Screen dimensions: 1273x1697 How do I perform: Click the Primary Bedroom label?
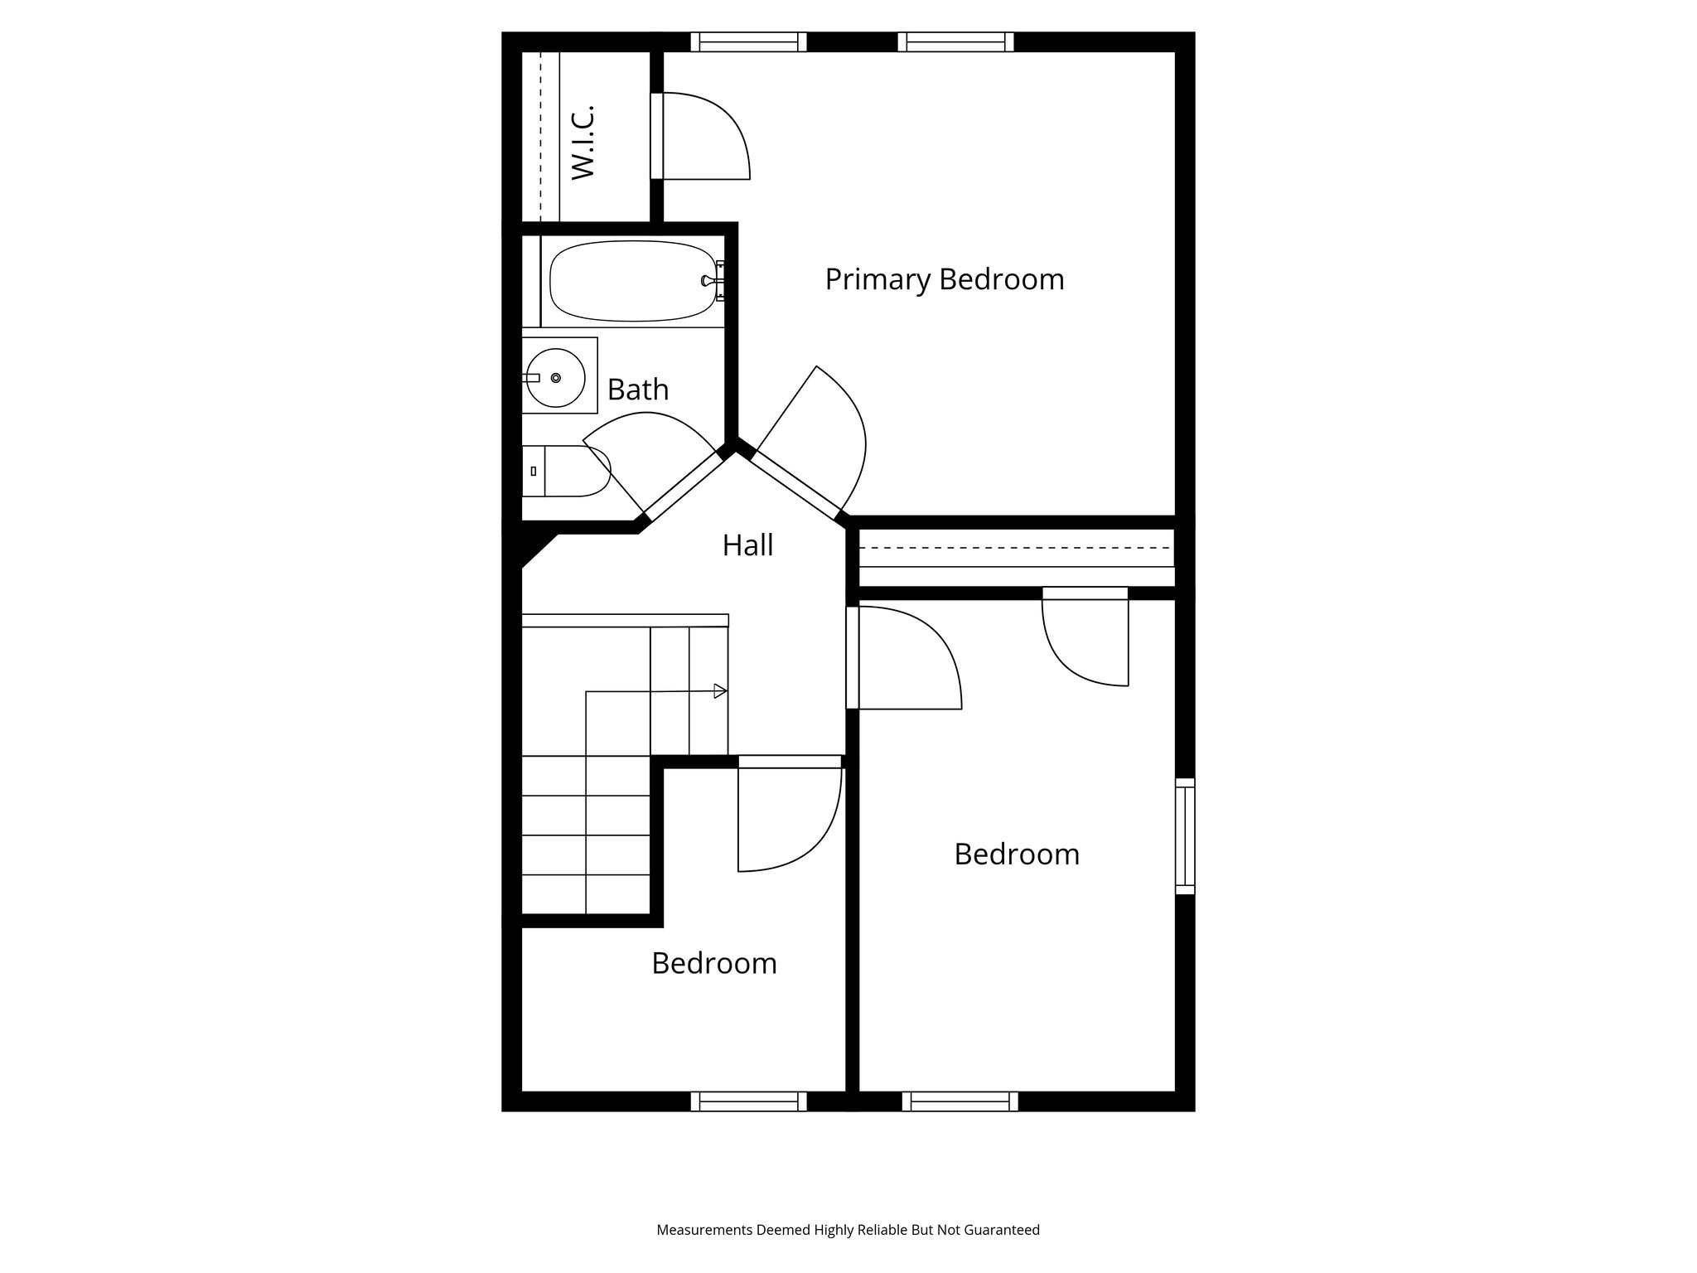[x=944, y=279]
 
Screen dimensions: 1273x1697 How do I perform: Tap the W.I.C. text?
[x=584, y=142]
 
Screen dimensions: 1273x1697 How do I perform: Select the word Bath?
[x=637, y=390]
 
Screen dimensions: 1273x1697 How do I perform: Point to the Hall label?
[x=747, y=545]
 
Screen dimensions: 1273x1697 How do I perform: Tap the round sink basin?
[x=555, y=378]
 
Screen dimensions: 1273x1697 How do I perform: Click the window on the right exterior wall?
[x=1186, y=835]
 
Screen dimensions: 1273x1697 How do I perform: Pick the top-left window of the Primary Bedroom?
[x=748, y=41]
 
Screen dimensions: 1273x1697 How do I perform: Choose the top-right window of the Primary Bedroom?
[x=955, y=41]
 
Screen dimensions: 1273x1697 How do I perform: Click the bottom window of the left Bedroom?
[x=748, y=1101]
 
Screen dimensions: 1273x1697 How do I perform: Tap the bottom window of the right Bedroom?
[x=960, y=1101]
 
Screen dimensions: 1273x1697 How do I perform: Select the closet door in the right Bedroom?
[x=1085, y=638]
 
